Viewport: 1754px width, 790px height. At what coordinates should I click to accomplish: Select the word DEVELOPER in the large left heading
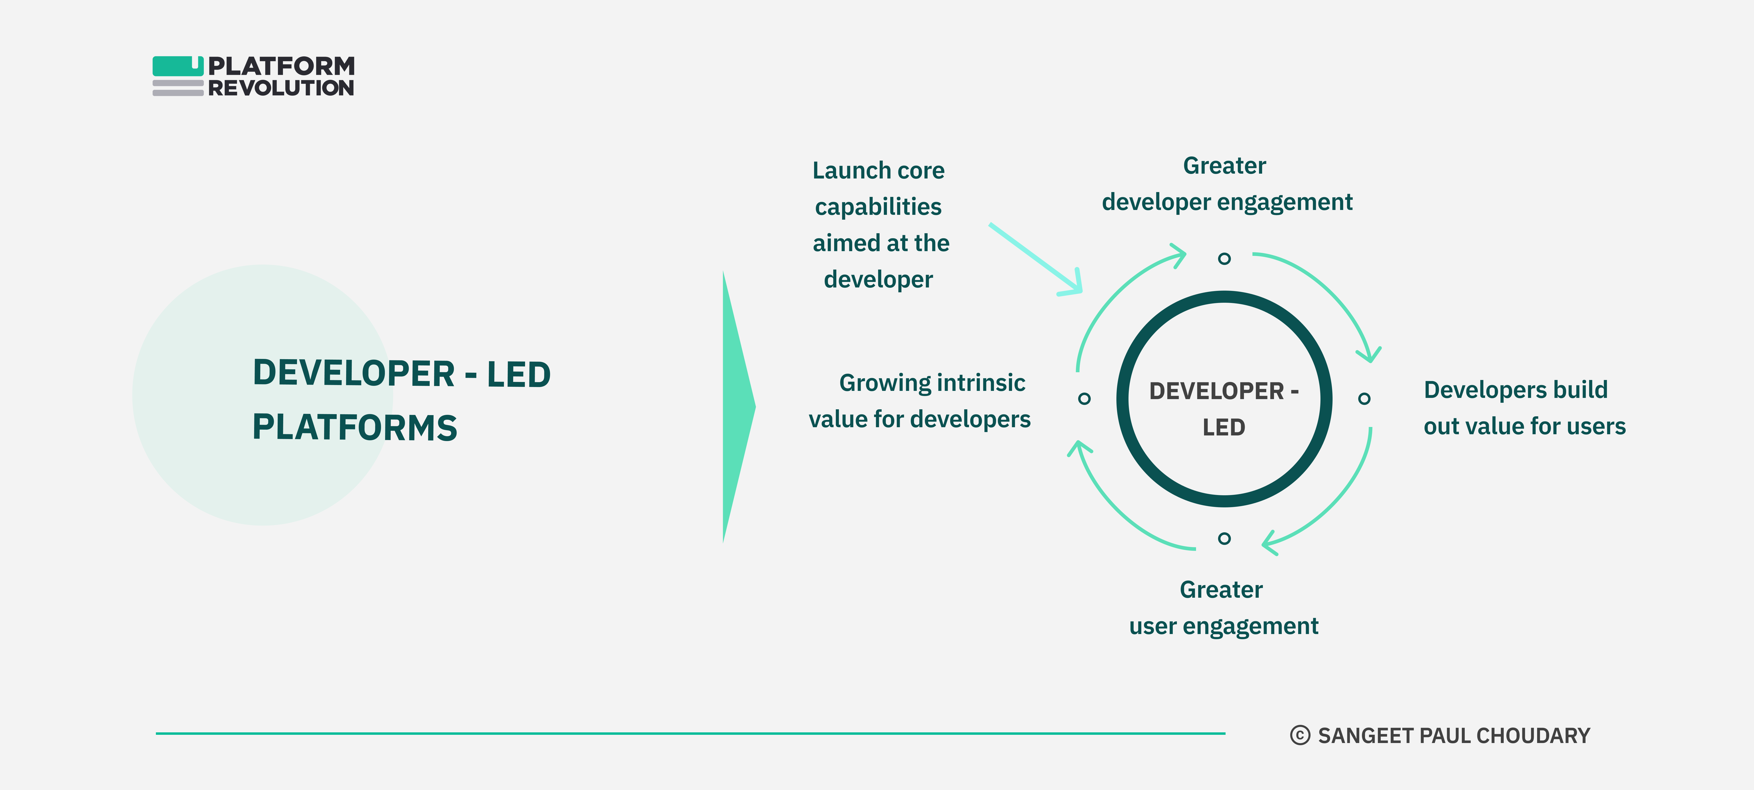[x=353, y=374]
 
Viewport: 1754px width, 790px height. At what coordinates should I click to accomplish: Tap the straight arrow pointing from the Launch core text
[x=1035, y=259]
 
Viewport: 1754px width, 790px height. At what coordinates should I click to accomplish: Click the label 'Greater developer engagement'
[x=1226, y=184]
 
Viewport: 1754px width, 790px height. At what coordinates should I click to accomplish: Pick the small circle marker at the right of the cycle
[x=1364, y=398]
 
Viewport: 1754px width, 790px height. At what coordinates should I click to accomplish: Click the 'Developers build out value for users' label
[x=1524, y=408]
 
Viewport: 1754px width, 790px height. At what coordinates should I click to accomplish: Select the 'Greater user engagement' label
[x=1223, y=607]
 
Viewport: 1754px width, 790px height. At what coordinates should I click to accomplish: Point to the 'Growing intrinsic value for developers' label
[x=920, y=401]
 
